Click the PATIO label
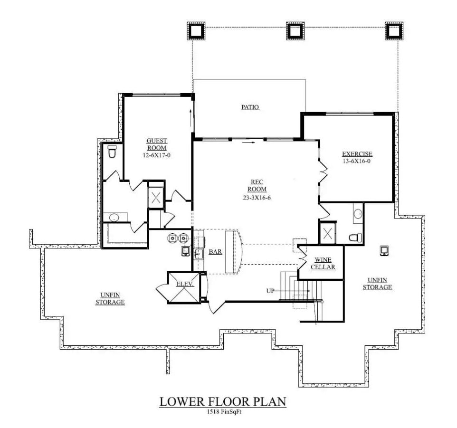pos(250,107)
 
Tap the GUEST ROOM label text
pos(156,144)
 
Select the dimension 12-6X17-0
pos(156,155)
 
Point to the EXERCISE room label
pos(357,154)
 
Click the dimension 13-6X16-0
pos(357,161)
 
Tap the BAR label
pos(215,252)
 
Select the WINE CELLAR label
pos(323,263)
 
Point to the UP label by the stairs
pos(270,291)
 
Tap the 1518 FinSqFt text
pos(223,412)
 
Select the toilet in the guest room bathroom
pos(112,152)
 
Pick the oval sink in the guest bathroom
pos(114,218)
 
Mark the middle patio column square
pos(294,30)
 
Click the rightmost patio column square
pos(394,30)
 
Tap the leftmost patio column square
pos(195,30)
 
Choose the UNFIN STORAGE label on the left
pos(110,298)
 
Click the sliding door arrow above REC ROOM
pos(248,141)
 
